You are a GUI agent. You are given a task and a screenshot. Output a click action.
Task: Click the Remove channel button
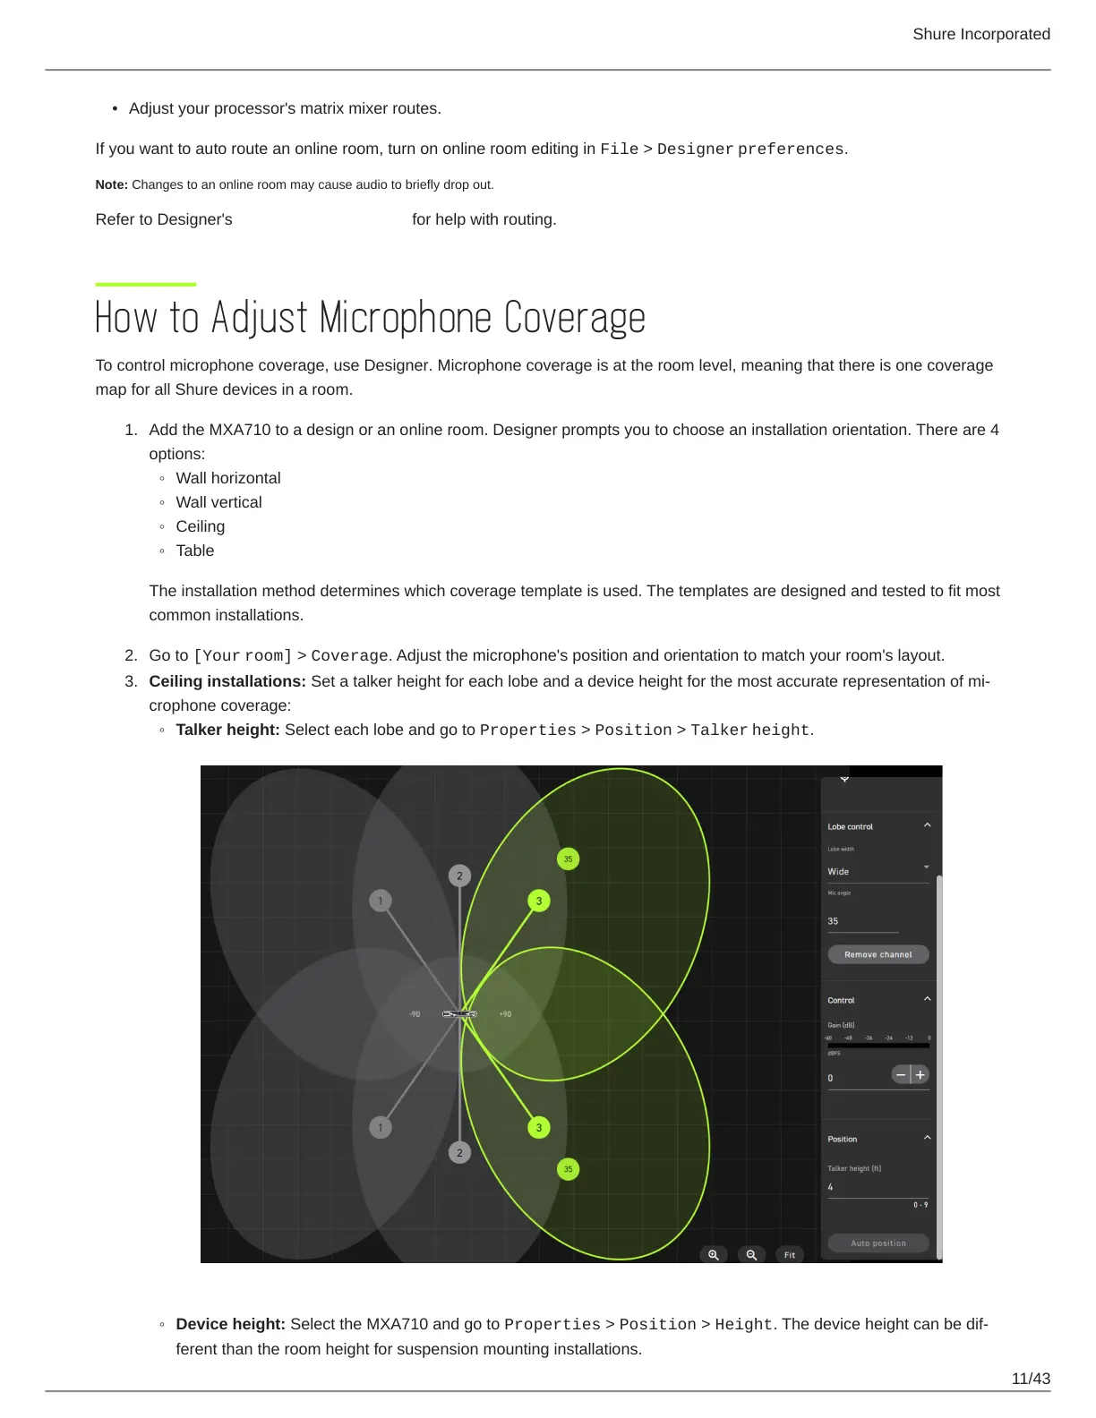pyautogui.click(x=878, y=954)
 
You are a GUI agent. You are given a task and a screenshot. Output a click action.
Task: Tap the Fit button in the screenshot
pyautogui.click(x=790, y=1255)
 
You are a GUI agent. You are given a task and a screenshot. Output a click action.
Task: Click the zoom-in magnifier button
pyautogui.click(x=714, y=1255)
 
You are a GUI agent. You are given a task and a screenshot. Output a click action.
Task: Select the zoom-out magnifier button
pyautogui.click(x=751, y=1255)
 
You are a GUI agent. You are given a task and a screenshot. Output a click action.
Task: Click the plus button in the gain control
pyautogui.click(x=920, y=1074)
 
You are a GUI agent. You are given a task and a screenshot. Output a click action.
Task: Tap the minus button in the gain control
pyautogui.click(x=901, y=1074)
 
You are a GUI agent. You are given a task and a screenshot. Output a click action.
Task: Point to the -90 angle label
pyautogui.click(x=415, y=1014)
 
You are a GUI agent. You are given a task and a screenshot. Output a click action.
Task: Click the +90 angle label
pyautogui.click(x=505, y=1014)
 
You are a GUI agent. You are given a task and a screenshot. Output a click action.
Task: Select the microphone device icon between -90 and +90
pyautogui.click(x=459, y=1014)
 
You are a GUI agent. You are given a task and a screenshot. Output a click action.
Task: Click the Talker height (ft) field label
pyautogui.click(x=854, y=1168)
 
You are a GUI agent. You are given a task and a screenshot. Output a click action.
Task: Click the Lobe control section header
pyautogui.click(x=851, y=826)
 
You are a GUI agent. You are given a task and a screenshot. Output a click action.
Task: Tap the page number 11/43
pyautogui.click(x=1031, y=1379)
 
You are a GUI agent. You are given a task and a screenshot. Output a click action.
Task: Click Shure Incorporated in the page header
pyautogui.click(x=981, y=34)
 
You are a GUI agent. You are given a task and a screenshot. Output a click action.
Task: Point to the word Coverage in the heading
pyautogui.click(x=574, y=318)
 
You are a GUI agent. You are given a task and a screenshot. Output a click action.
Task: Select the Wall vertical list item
pyautogui.click(x=218, y=502)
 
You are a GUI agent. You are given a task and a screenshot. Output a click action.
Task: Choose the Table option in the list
pyautogui.click(x=195, y=551)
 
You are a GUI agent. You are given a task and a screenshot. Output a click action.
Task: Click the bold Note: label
pyautogui.click(x=112, y=184)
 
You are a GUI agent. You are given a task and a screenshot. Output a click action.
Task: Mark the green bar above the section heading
pyautogui.click(x=146, y=285)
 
